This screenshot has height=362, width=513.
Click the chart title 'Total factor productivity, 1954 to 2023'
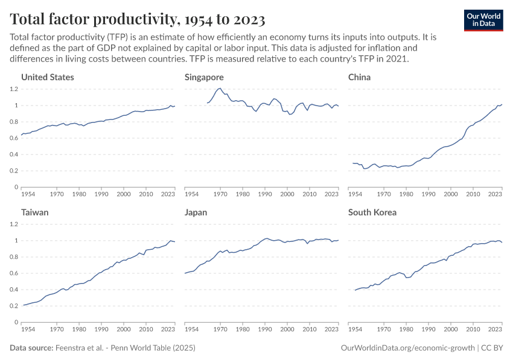(x=138, y=19)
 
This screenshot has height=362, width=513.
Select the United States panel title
(x=48, y=77)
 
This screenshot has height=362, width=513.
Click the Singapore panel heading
(x=204, y=77)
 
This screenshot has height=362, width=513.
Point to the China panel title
(x=360, y=77)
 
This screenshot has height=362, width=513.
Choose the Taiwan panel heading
(x=35, y=212)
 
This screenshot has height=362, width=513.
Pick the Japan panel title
(x=197, y=212)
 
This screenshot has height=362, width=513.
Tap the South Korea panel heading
(x=372, y=212)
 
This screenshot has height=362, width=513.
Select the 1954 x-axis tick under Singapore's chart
(x=191, y=195)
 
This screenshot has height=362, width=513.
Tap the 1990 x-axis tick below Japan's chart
(x=265, y=330)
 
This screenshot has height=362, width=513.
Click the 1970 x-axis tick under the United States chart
(x=57, y=195)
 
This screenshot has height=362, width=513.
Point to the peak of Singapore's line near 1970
(x=220, y=89)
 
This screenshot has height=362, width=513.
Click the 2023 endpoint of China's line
(x=502, y=104)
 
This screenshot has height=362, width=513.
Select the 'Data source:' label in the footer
(x=31, y=349)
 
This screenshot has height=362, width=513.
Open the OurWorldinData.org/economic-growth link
(x=408, y=349)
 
